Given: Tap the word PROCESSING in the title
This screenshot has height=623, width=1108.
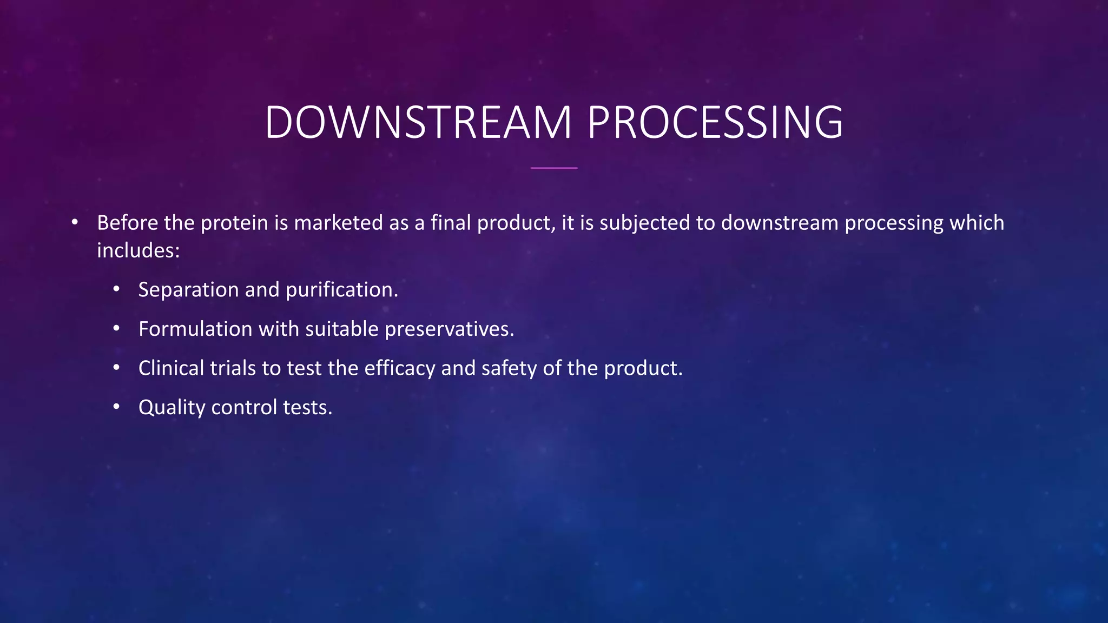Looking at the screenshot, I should pyautogui.click(x=715, y=122).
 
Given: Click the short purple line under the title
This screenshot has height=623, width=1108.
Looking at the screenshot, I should pyautogui.click(x=554, y=168).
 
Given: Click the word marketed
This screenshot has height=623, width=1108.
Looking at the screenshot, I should pyautogui.click(x=338, y=223).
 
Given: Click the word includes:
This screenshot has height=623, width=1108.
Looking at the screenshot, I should pyautogui.click(x=138, y=250).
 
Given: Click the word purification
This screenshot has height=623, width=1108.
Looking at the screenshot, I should pyautogui.click(x=341, y=290).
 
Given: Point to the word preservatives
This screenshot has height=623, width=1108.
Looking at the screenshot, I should pyautogui.click(x=449, y=329).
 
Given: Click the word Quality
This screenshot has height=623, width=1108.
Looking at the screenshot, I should pyautogui.click(x=172, y=408).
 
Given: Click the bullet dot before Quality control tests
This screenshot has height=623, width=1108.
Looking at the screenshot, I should pyautogui.click(x=116, y=407).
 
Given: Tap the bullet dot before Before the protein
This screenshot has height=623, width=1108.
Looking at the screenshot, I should pyautogui.click(x=75, y=222).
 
